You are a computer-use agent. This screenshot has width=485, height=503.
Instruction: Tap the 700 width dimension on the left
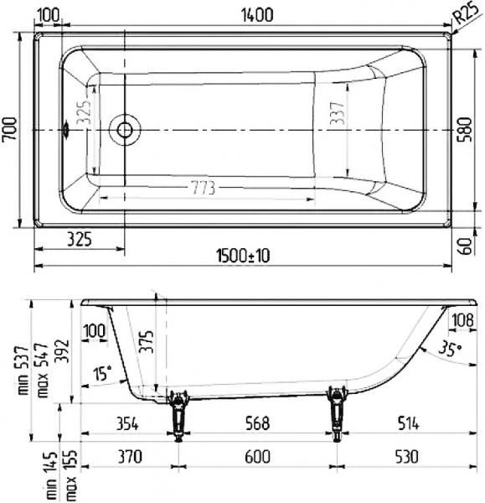[9, 131]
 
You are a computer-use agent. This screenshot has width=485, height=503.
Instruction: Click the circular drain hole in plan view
[125, 130]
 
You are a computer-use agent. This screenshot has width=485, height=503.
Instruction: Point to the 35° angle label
[449, 350]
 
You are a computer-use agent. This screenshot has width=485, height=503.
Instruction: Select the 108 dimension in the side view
[462, 319]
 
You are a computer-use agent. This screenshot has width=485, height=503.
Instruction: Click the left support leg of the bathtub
[178, 413]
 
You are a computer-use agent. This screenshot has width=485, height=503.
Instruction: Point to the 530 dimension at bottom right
[408, 456]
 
